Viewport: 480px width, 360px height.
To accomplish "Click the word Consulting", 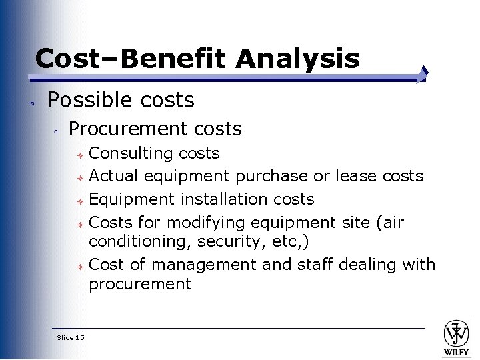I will tap(131, 153).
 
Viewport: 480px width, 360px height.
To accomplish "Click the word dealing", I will tap(367, 264).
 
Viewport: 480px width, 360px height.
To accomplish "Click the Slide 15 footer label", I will tap(71, 338).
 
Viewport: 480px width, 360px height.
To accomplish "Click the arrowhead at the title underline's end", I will tap(423, 75).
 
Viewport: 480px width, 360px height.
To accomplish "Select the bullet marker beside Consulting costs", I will tap(79, 155).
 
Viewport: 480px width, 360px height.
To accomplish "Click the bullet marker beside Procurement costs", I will tap(58, 130).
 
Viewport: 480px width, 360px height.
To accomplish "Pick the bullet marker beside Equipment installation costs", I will tap(79, 200).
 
